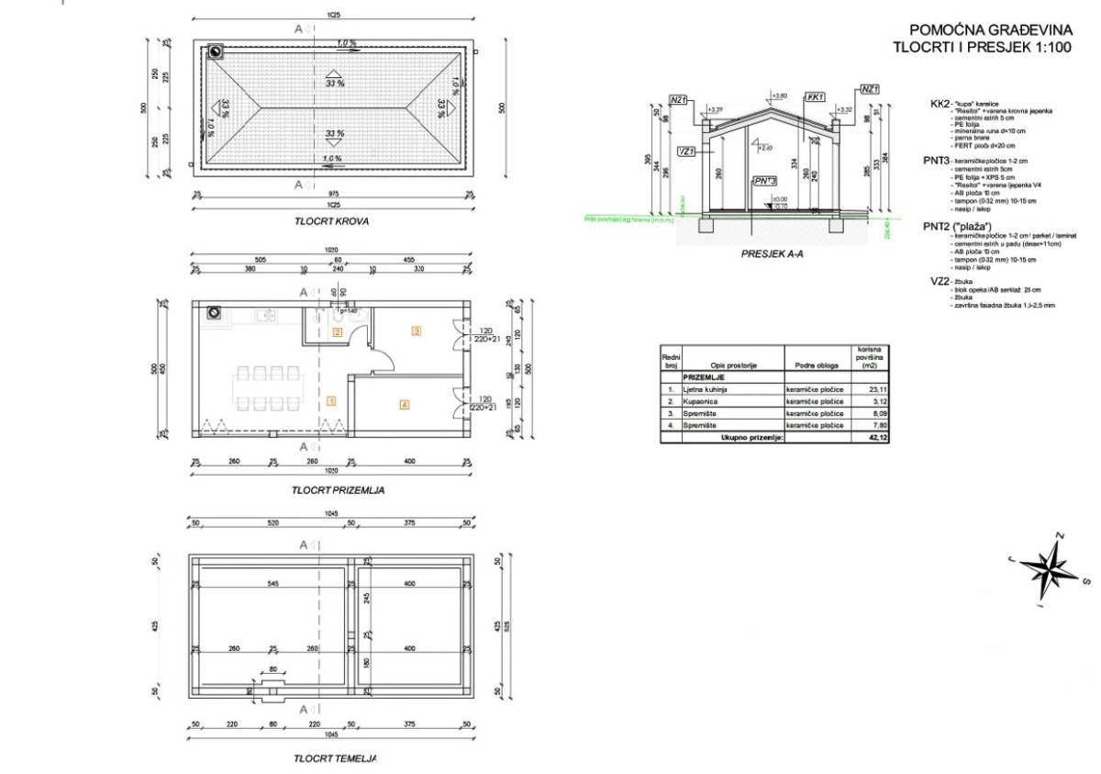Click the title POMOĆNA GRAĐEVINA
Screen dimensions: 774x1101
[x=985, y=29]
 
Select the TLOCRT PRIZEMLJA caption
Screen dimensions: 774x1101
[x=338, y=490]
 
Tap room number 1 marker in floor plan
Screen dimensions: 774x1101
[x=331, y=400]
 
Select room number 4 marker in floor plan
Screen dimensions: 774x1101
[x=404, y=404]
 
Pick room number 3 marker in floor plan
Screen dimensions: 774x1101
[x=416, y=331]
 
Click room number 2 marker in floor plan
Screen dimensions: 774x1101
[x=338, y=332]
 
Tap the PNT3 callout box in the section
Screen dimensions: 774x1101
[x=763, y=182]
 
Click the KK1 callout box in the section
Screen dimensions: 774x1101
[x=815, y=96]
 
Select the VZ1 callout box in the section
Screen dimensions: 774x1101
[x=685, y=151]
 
